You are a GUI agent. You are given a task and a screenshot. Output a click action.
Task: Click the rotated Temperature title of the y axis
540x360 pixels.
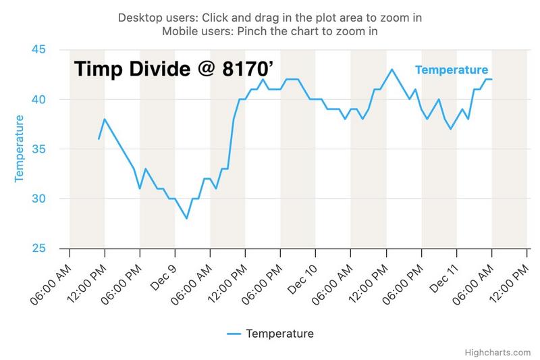click(x=20, y=149)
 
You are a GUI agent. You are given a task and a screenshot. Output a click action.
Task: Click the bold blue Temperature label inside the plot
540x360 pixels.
click(x=452, y=70)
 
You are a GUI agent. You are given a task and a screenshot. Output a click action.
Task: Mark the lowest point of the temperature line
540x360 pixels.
click(x=186, y=218)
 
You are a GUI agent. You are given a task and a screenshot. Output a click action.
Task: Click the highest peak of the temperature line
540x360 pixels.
click(x=392, y=70)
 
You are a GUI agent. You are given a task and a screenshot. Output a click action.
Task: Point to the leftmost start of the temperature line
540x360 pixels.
click(x=99, y=139)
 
